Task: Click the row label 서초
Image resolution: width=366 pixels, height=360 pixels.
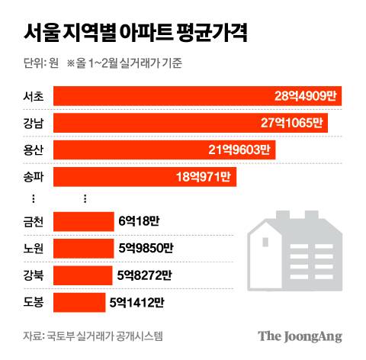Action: click(x=34, y=96)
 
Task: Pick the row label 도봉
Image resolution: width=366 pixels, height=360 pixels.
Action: click(x=34, y=302)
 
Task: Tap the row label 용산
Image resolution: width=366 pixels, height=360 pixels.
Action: click(x=34, y=149)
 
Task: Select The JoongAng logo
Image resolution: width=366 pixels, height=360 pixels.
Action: click(x=299, y=336)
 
